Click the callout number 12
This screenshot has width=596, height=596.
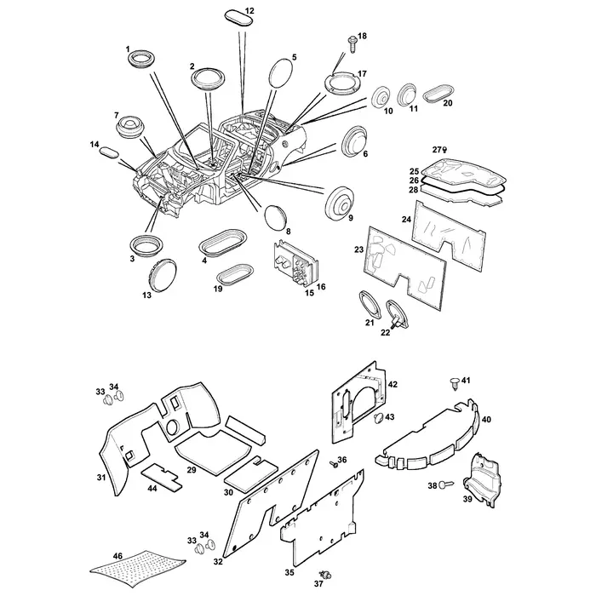pyautogui.click(x=249, y=10)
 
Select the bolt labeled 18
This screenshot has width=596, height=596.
pyautogui.click(x=352, y=44)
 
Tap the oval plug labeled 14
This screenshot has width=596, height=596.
pyautogui.click(x=109, y=151)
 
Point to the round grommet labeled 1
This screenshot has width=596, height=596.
pyautogui.click(x=141, y=60)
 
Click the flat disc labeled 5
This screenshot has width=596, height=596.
pyautogui.click(x=281, y=73)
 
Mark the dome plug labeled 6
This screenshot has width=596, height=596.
pyautogui.click(x=354, y=140)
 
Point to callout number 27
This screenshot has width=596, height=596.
pyautogui.click(x=437, y=150)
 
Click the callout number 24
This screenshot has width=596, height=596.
pyautogui.click(x=406, y=220)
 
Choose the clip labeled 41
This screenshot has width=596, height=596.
pyautogui.click(x=455, y=383)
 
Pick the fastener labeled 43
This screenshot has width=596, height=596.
pyautogui.click(x=379, y=418)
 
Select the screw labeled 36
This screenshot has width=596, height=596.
pyautogui.click(x=334, y=464)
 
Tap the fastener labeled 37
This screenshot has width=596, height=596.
pyautogui.click(x=325, y=575)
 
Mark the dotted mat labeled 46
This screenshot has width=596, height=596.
pyautogui.click(x=138, y=571)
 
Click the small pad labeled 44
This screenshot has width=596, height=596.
pyautogui.click(x=161, y=476)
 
